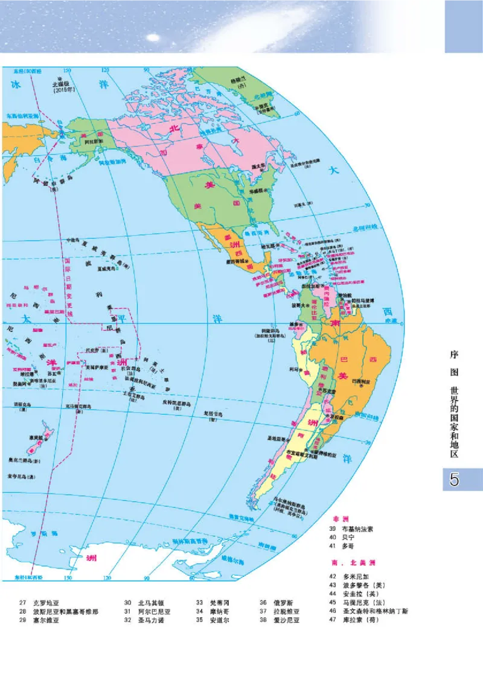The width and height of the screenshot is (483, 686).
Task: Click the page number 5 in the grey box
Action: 454,481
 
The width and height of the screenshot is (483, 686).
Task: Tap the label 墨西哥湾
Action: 258,232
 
